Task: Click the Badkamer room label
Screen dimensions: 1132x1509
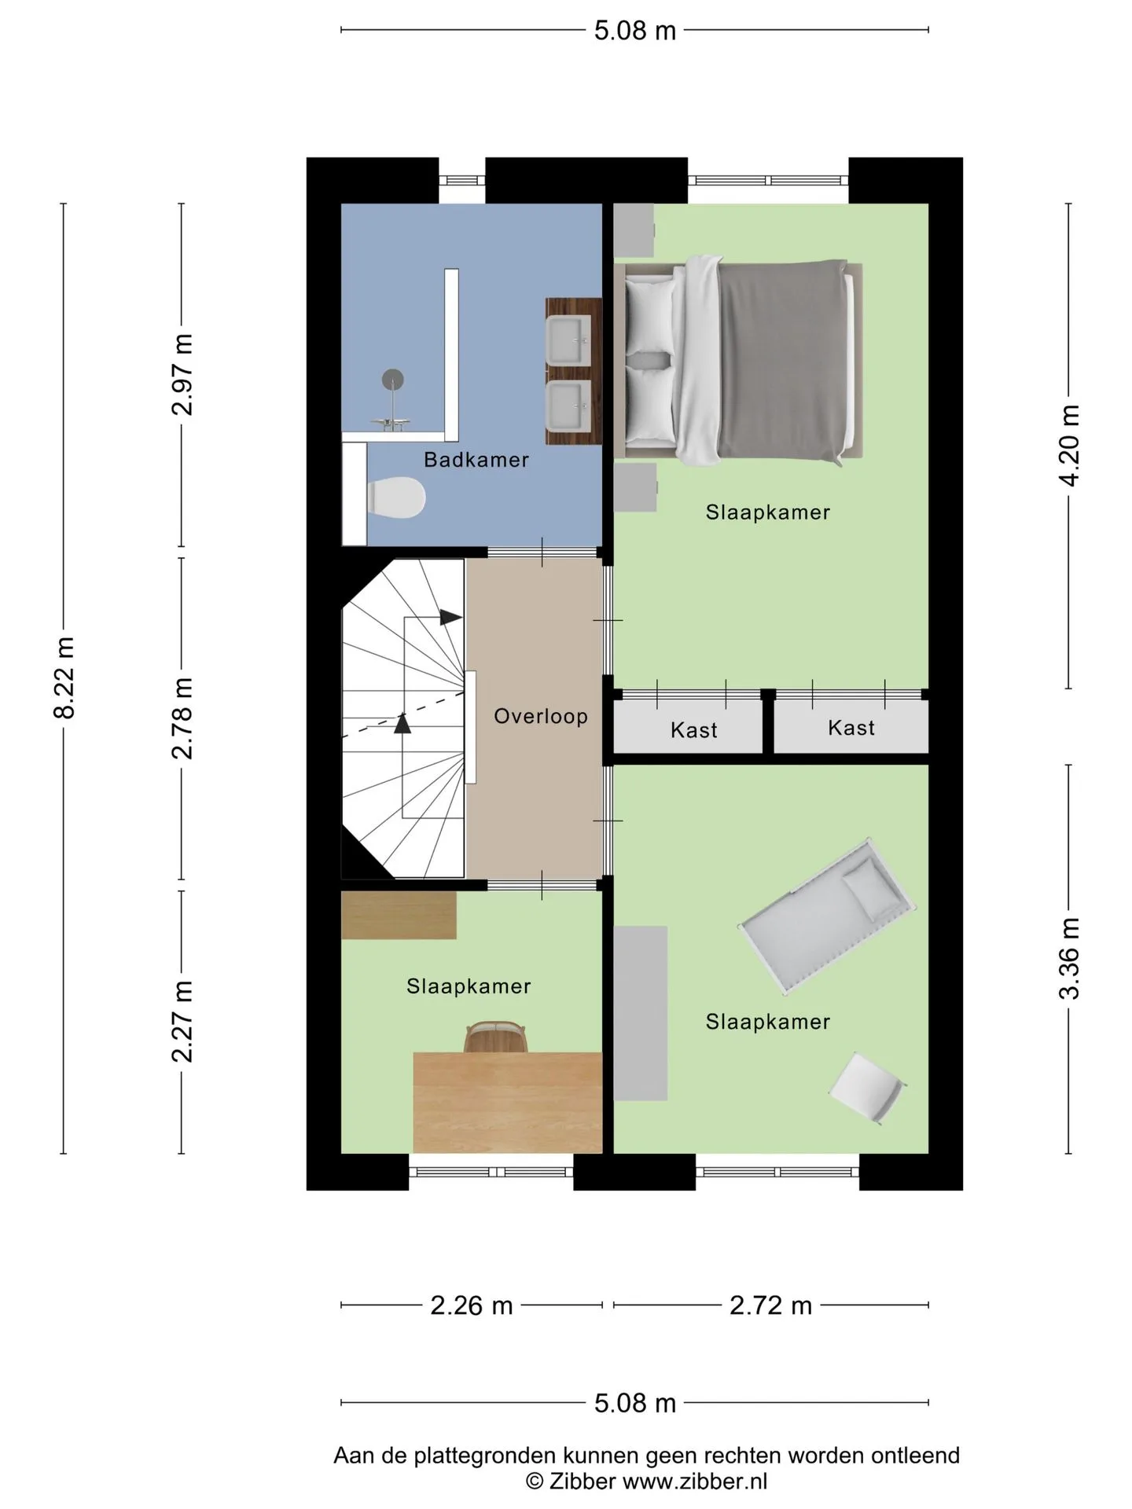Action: [476, 460]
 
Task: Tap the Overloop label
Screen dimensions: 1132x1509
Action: [541, 716]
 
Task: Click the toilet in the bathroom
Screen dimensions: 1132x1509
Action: [396, 497]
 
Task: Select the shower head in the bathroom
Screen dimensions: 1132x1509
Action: [393, 380]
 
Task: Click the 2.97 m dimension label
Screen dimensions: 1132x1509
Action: [182, 374]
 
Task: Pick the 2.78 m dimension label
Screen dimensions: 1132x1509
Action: [182, 718]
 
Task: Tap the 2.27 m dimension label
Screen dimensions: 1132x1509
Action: [182, 1021]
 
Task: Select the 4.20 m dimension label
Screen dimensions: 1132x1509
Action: [1069, 446]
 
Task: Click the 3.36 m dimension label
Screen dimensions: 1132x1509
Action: [1069, 958]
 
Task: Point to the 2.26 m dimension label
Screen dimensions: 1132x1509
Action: [472, 1305]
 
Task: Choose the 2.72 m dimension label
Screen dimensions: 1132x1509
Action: [770, 1305]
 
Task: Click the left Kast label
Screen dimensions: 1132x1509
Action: [694, 730]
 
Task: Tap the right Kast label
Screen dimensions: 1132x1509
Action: [851, 728]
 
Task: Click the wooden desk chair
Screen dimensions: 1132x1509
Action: [494, 1037]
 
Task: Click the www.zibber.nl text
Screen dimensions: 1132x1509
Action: [695, 1481]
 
